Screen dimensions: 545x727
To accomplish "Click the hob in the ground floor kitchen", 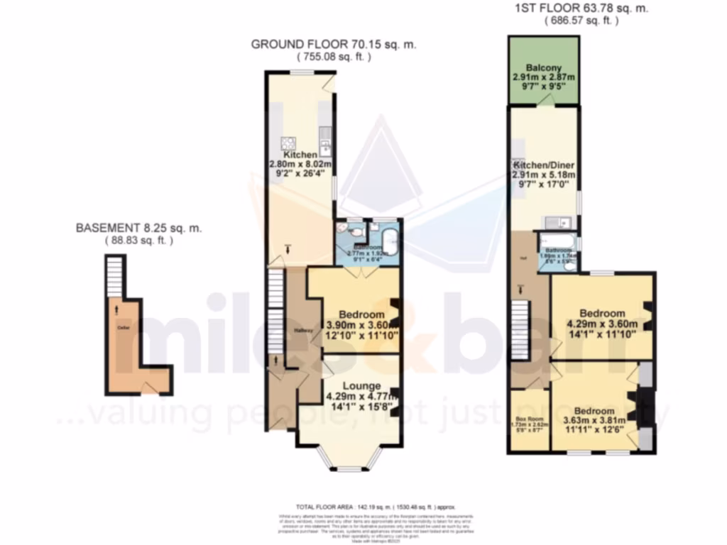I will [290, 143].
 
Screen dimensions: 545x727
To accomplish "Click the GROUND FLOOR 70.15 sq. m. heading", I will [333, 44].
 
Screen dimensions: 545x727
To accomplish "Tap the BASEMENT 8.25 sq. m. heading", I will [139, 229].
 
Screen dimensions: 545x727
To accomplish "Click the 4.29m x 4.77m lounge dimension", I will [359, 397].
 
